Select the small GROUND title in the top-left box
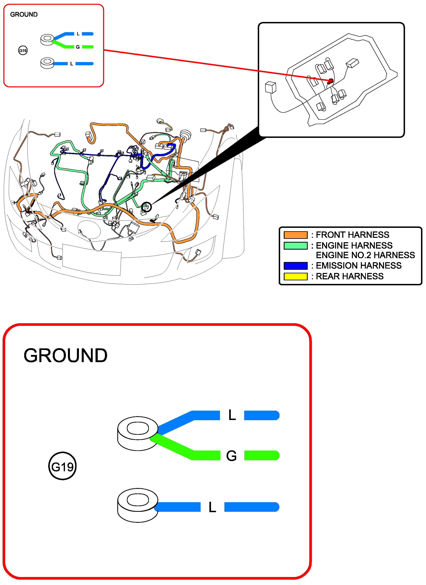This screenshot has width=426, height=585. click(24, 14)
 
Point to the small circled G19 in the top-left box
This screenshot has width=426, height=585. click(23, 50)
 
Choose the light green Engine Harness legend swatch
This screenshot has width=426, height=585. click(296, 246)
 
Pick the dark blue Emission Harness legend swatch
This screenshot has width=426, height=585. click(296, 266)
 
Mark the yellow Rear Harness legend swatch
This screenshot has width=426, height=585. click(296, 276)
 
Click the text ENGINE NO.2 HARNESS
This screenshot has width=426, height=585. click(365, 255)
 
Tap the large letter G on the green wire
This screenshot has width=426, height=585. click(231, 456)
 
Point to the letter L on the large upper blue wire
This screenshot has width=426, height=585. click(232, 415)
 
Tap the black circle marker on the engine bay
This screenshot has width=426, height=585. click(146, 207)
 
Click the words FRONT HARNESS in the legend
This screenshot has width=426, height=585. click(352, 235)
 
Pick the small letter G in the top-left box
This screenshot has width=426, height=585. click(78, 47)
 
